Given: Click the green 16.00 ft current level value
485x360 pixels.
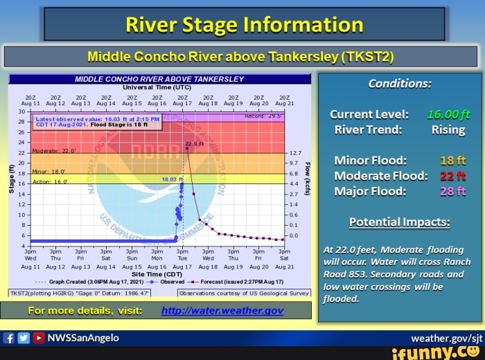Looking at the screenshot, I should (x=448, y=114).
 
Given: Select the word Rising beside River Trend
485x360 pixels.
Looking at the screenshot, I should (x=448, y=129).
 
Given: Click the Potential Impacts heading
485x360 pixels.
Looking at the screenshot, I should (x=399, y=222).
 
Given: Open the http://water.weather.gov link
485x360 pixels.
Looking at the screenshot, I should (x=222, y=310).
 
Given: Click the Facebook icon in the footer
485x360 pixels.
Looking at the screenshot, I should (x=10, y=338).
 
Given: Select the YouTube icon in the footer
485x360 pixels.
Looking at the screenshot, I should (x=39, y=338).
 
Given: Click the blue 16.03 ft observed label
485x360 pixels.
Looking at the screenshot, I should (x=170, y=179).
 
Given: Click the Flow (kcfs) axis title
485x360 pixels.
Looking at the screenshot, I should (x=307, y=177).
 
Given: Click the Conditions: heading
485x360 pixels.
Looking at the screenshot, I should (x=400, y=83).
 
